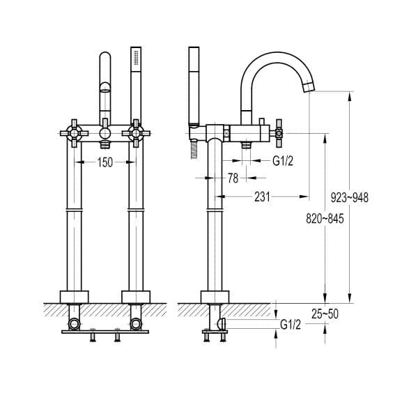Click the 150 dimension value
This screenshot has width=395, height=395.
click(105, 162)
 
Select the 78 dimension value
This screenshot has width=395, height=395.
click(233, 178)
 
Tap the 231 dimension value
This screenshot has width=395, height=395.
click(261, 197)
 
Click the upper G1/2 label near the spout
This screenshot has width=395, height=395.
click(282, 162)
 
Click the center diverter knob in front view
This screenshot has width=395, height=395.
click(104, 132)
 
